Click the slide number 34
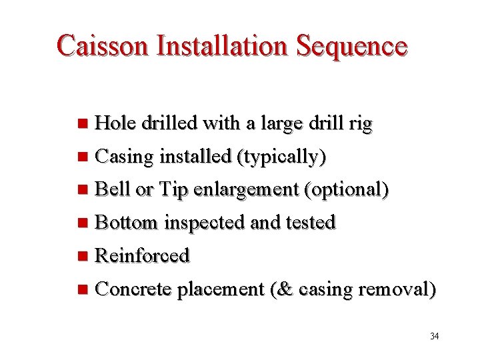coord(434,336)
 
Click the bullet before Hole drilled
coord(82,123)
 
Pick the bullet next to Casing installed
coord(82,157)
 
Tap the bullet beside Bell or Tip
coord(82,190)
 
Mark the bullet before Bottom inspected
coord(82,223)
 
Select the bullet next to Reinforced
coord(82,256)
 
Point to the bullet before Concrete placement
coord(82,289)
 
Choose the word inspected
coord(205,223)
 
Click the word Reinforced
coord(143,255)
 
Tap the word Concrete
coord(134,289)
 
